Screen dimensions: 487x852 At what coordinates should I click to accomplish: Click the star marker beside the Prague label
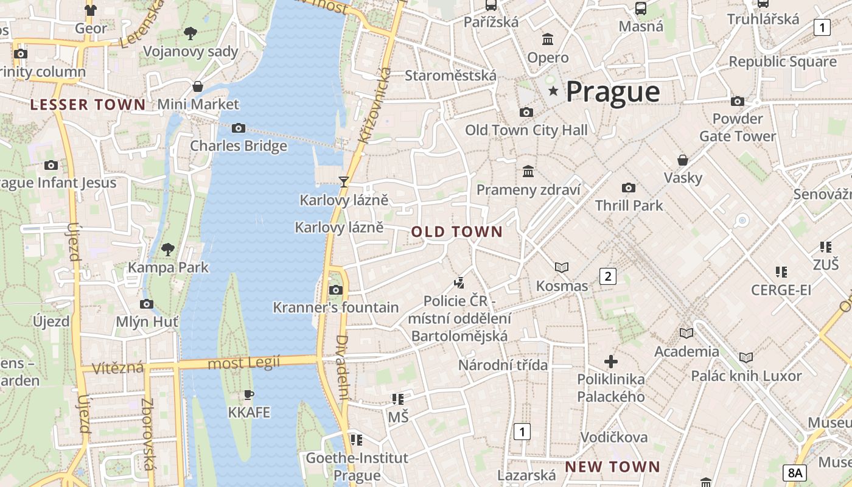point(553,91)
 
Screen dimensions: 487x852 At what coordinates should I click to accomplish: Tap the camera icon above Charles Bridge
point(239,128)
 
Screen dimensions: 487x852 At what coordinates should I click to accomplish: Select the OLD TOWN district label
point(457,232)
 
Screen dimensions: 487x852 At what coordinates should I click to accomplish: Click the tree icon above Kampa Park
point(167,249)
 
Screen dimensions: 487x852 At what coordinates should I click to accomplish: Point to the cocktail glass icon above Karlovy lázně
point(344,181)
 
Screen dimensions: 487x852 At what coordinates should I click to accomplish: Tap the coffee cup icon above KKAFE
point(248,394)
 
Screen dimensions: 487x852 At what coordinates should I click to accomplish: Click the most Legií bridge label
point(244,363)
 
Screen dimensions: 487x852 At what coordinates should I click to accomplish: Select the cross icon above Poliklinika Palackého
point(611,362)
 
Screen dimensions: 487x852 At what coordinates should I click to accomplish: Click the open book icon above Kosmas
point(562,267)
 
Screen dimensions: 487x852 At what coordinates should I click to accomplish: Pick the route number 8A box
point(795,472)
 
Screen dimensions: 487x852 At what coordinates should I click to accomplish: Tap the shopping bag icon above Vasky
point(683,160)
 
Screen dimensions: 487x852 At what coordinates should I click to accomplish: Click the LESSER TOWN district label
point(88,105)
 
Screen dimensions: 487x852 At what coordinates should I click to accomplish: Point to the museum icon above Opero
point(548,40)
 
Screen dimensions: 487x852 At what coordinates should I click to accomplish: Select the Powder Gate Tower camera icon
point(738,101)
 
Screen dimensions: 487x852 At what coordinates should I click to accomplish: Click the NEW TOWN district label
point(612,467)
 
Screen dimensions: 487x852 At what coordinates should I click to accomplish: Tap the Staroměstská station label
point(451,75)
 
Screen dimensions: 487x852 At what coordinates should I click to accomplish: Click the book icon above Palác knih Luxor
point(746,358)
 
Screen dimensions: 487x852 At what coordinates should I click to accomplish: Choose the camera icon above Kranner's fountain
point(335,290)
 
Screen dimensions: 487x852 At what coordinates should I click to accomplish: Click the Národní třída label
point(503,365)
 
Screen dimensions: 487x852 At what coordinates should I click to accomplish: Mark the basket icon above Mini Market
point(198,86)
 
